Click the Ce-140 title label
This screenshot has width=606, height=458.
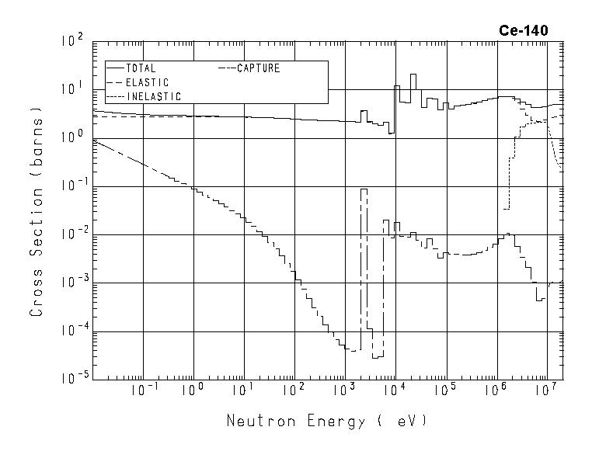[523, 31]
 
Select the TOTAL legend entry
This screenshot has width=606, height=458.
[141, 68]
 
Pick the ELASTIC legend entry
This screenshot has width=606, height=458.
[147, 82]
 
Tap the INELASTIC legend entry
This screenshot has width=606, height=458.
[153, 96]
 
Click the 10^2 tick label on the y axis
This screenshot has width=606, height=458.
[71, 41]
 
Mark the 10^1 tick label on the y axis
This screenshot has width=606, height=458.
[71, 89]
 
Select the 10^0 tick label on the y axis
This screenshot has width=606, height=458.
[71, 137]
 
